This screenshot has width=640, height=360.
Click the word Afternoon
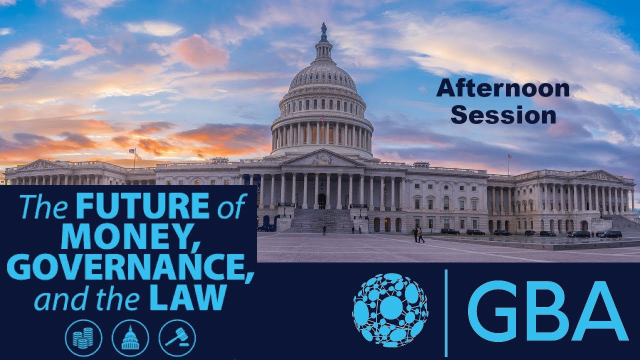502,89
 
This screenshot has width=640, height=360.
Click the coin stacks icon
83,338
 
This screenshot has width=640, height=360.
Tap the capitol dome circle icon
130,338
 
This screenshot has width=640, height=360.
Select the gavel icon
177,338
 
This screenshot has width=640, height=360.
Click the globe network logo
390,310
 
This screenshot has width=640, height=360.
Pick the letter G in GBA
492,311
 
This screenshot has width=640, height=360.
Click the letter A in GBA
599,311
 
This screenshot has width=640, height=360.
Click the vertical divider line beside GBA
445,312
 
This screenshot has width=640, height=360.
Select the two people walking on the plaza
418,234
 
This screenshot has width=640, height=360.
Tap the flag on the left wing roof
132,151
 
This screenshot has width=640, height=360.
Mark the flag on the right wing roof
509,156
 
